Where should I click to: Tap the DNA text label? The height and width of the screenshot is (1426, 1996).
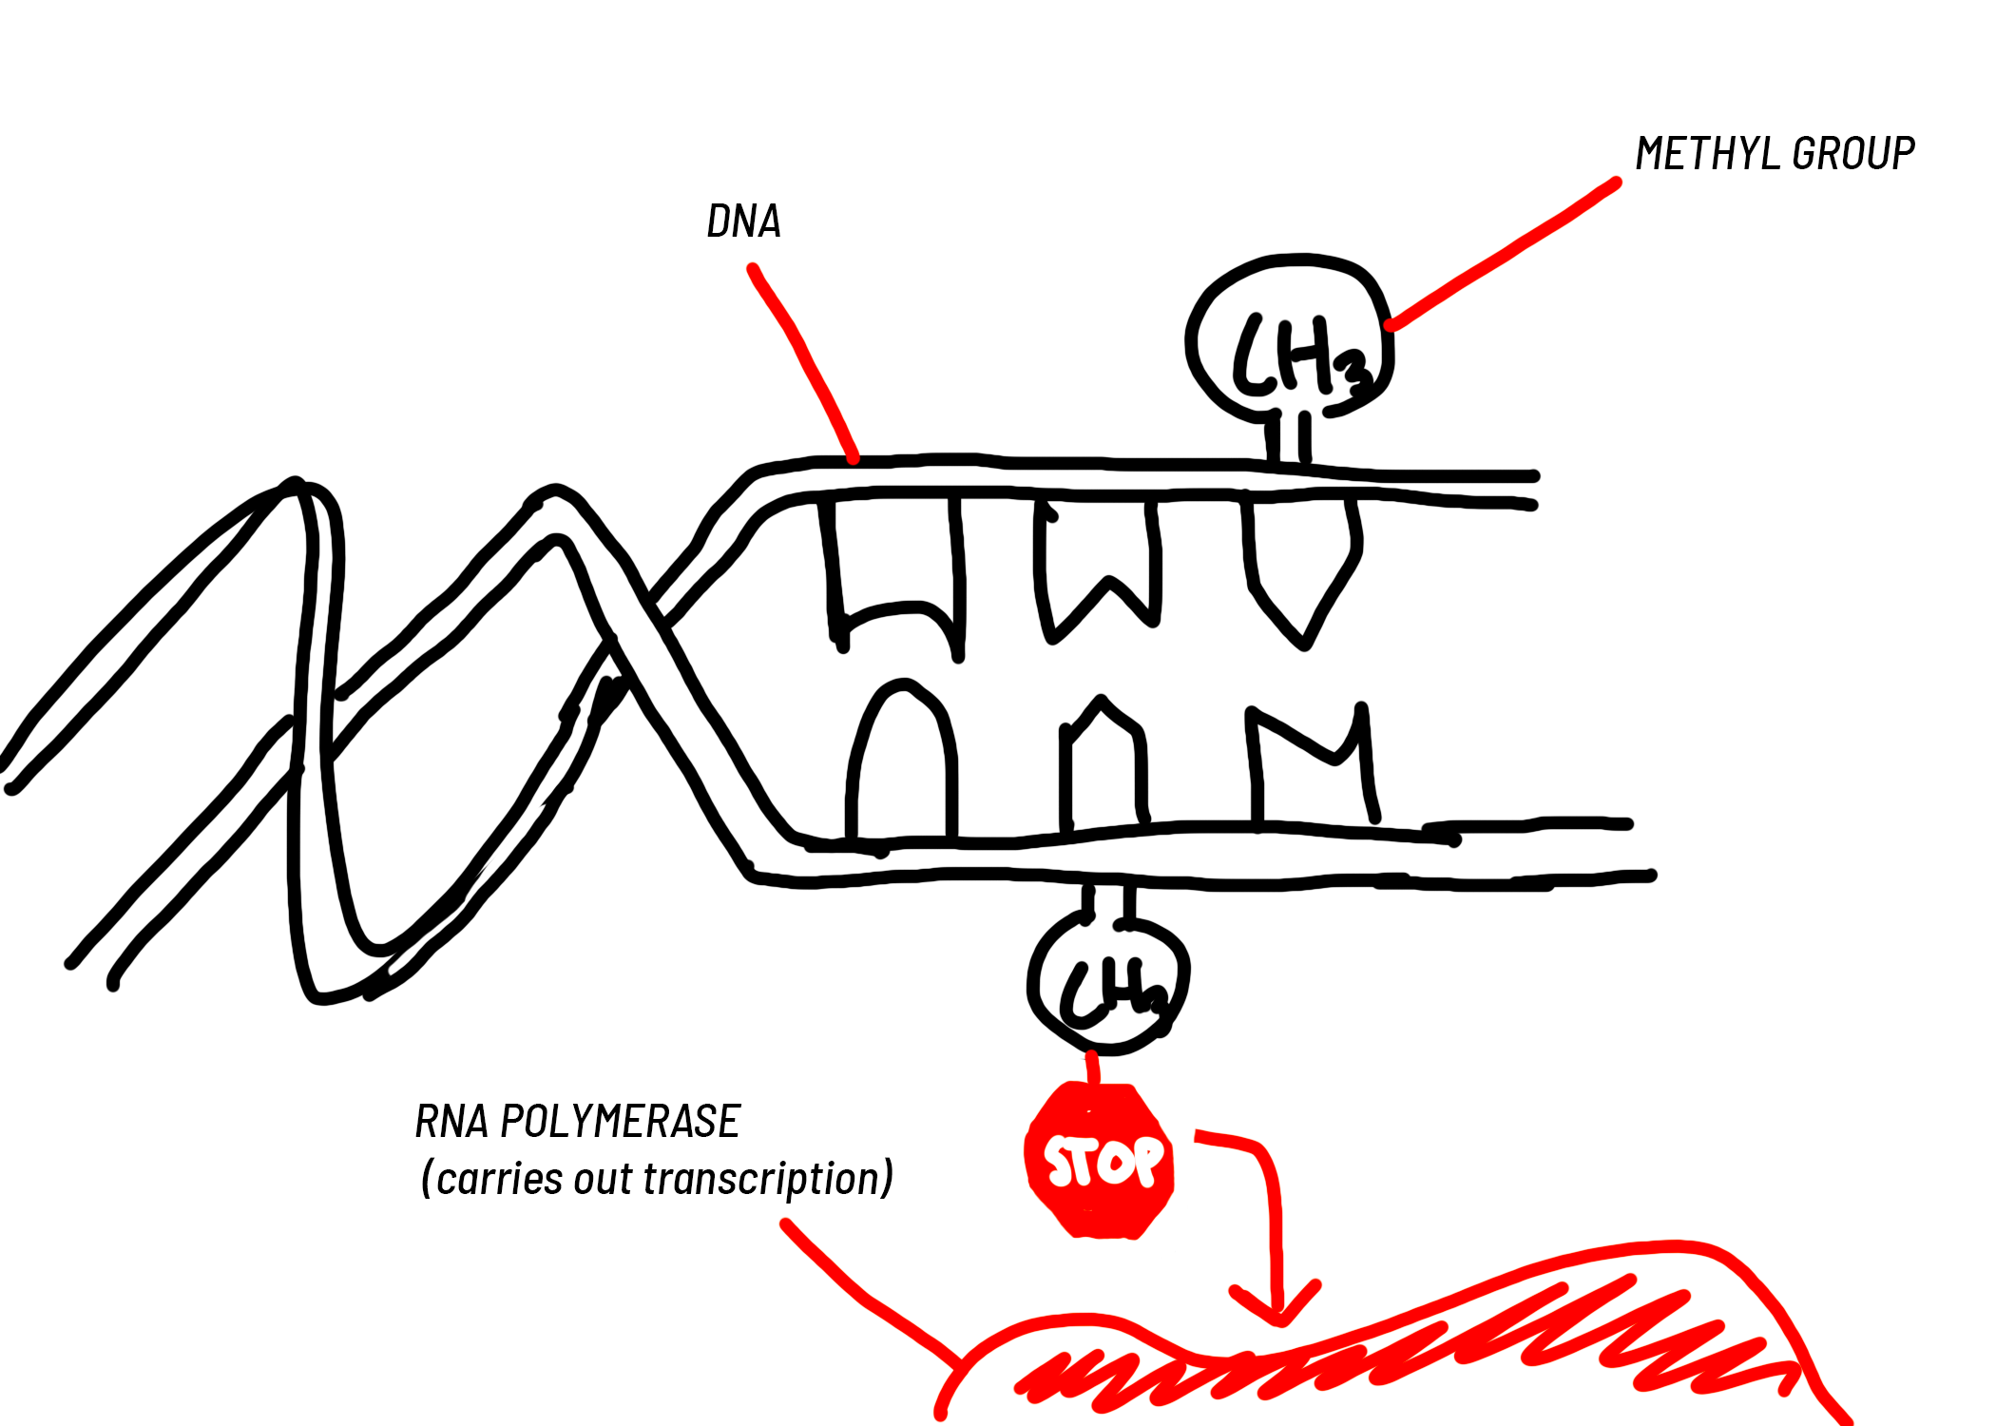[x=743, y=222]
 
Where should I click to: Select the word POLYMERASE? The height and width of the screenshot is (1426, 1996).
[x=620, y=1122]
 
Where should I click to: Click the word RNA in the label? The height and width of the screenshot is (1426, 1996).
[x=451, y=1122]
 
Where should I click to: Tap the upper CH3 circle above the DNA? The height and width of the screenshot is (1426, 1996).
[x=1290, y=337]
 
